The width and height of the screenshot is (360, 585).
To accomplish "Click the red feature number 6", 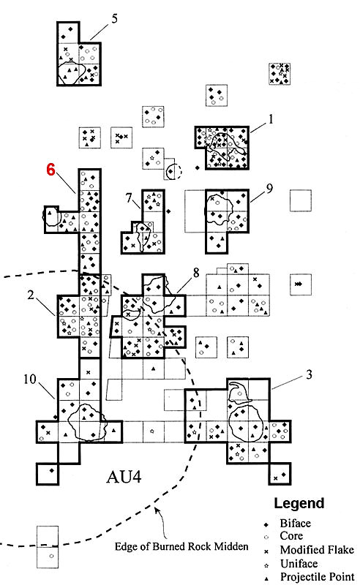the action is click(50, 170).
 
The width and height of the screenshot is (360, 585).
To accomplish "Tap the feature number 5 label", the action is click(114, 18).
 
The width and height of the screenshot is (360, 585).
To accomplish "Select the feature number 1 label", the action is click(271, 119).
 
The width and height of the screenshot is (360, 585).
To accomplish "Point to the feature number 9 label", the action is click(269, 189).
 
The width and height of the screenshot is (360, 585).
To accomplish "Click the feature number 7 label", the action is click(130, 197).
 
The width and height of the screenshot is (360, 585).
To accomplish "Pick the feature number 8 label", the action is click(196, 273).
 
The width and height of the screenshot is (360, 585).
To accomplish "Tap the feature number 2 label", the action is click(31, 295).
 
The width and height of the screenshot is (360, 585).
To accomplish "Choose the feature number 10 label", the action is click(30, 380).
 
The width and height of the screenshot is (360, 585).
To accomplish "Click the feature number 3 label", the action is click(309, 374).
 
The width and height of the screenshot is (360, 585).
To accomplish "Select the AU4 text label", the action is click(124, 477).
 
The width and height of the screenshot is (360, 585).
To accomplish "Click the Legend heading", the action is click(299, 503).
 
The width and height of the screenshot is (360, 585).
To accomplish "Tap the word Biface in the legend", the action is click(295, 524).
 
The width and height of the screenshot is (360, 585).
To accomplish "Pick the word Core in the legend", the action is click(291, 536).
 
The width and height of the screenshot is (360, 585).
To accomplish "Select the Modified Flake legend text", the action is click(317, 550).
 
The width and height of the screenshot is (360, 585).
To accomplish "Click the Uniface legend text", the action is click(299, 563).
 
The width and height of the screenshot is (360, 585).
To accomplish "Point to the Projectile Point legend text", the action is click(317, 577).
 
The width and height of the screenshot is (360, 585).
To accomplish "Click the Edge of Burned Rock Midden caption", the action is click(181, 546).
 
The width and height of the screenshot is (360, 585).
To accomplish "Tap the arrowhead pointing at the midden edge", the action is click(157, 508).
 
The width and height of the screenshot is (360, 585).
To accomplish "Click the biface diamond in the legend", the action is click(266, 524).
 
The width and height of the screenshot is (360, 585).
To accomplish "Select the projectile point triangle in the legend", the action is click(266, 578).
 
